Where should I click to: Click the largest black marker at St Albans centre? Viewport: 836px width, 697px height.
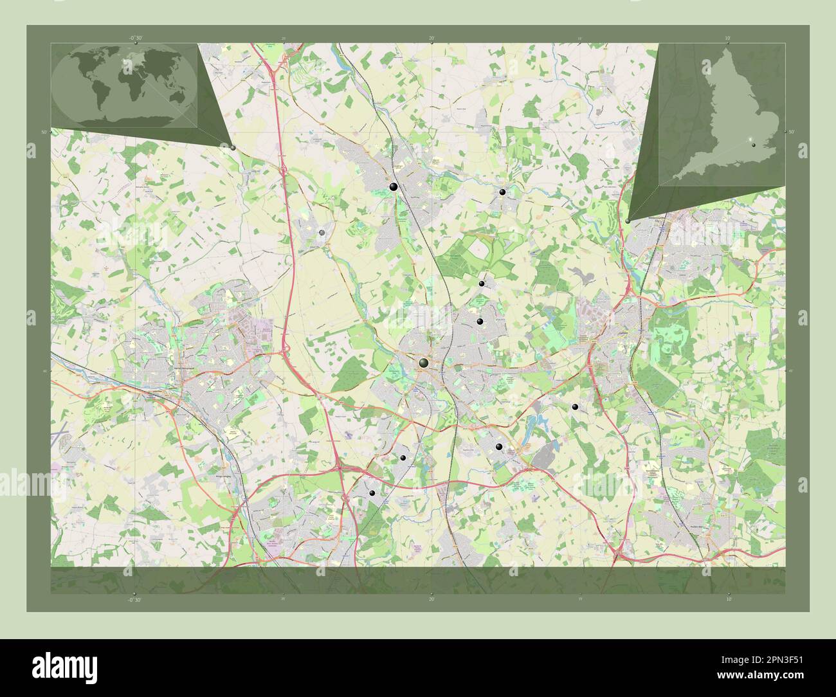click(x=423, y=364)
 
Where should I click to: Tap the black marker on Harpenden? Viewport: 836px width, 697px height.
click(x=392, y=186)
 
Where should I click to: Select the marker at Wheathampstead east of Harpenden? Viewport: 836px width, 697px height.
click(x=502, y=192)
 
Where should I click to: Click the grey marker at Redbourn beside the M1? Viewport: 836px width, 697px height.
click(x=322, y=232)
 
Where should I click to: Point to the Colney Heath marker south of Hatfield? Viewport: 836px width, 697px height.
click(x=575, y=407)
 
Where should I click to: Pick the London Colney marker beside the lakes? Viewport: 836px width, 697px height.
click(x=499, y=446)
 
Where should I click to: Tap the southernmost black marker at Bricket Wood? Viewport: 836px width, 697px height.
click(x=372, y=493)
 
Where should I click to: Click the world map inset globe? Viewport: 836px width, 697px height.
click(x=125, y=85)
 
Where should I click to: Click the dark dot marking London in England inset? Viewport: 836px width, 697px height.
click(x=754, y=145)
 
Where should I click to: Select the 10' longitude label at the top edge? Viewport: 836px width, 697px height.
click(x=727, y=38)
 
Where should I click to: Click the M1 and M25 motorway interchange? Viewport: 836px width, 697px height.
click(x=339, y=466)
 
